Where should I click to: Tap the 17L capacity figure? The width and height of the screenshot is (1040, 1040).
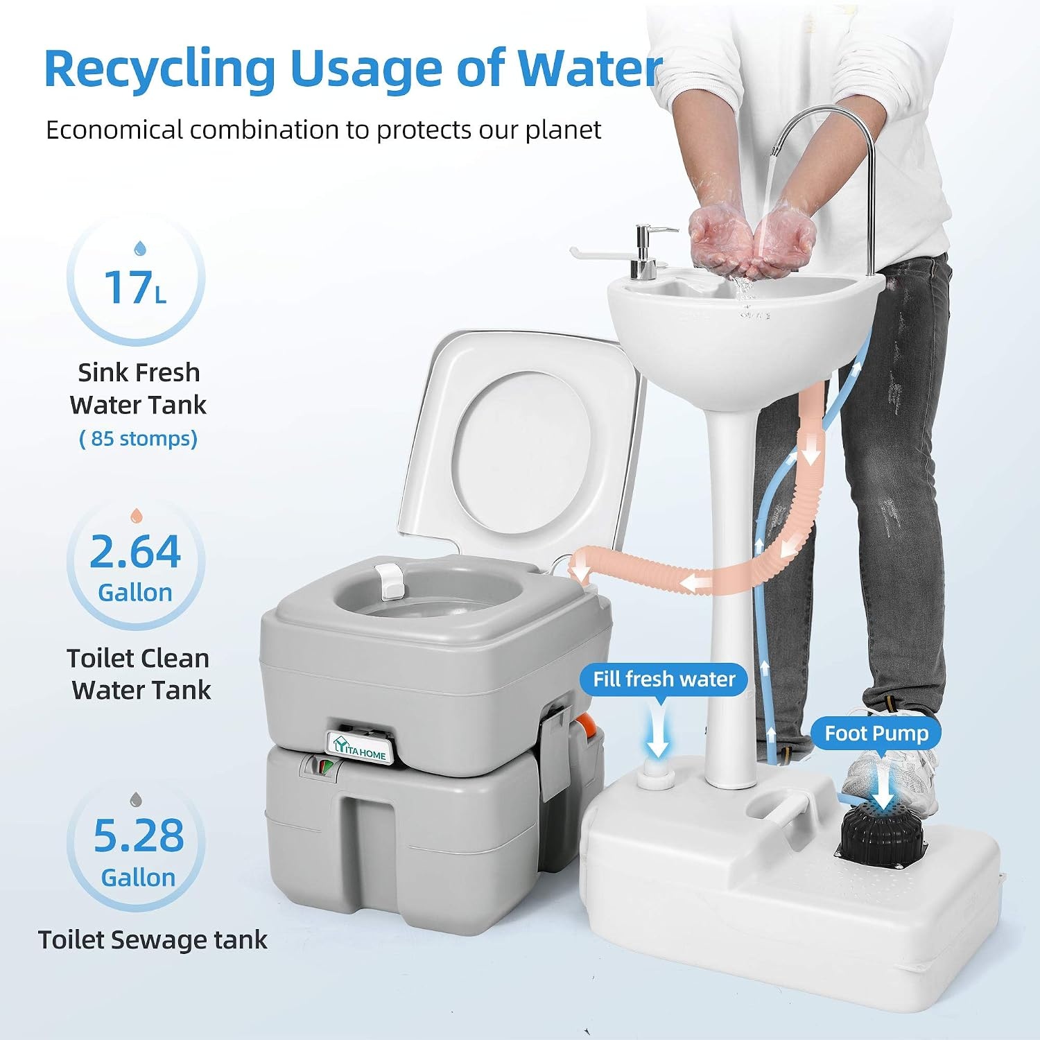pos(136,287)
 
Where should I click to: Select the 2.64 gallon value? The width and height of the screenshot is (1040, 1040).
pos(136,552)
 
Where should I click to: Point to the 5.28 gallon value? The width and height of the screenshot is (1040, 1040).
pos(139,835)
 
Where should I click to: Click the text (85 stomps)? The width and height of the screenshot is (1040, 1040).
pos(139,439)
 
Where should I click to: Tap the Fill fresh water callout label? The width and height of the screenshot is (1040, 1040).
pos(664,679)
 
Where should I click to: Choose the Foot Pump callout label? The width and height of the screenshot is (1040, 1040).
pos(876,734)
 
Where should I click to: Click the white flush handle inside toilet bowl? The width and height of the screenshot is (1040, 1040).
pos(390,580)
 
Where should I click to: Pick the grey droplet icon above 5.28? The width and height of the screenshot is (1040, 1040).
pos(137,799)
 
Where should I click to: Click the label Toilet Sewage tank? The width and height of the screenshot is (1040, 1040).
pos(153,940)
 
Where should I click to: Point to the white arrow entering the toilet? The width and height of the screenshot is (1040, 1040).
pos(580,573)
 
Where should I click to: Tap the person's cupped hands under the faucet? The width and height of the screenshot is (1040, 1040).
pos(752,236)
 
